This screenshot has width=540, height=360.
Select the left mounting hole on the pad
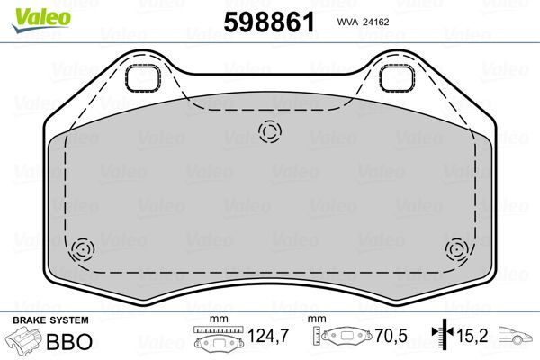[141, 79]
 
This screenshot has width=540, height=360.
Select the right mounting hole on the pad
[395, 79]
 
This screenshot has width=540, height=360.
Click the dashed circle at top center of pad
[269, 132]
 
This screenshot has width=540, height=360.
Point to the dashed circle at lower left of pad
[82, 249]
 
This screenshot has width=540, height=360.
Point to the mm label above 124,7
[215, 320]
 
